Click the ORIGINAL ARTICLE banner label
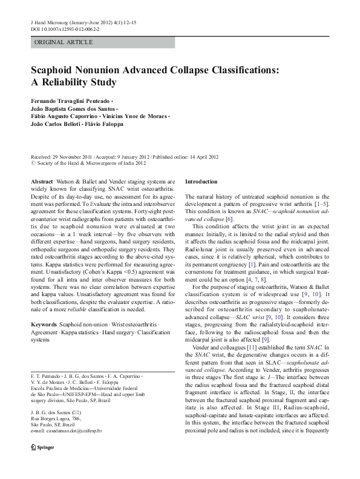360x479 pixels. [x=64, y=42]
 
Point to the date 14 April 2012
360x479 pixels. [x=189, y=156]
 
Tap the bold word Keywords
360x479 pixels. [x=44, y=325]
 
